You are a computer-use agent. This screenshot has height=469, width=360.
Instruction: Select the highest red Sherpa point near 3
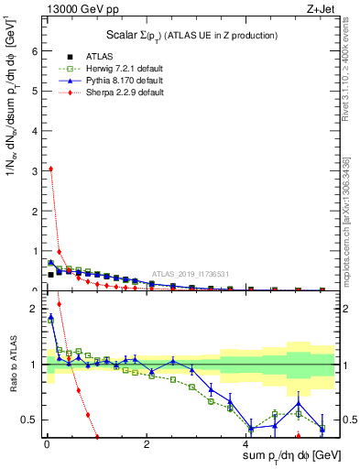50,169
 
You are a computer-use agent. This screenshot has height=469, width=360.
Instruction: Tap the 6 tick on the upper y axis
33,51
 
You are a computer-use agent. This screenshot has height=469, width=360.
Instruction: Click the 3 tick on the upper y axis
33,170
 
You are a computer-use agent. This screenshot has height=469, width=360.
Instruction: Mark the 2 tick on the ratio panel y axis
33,309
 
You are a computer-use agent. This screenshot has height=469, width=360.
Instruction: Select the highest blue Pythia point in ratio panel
50,318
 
